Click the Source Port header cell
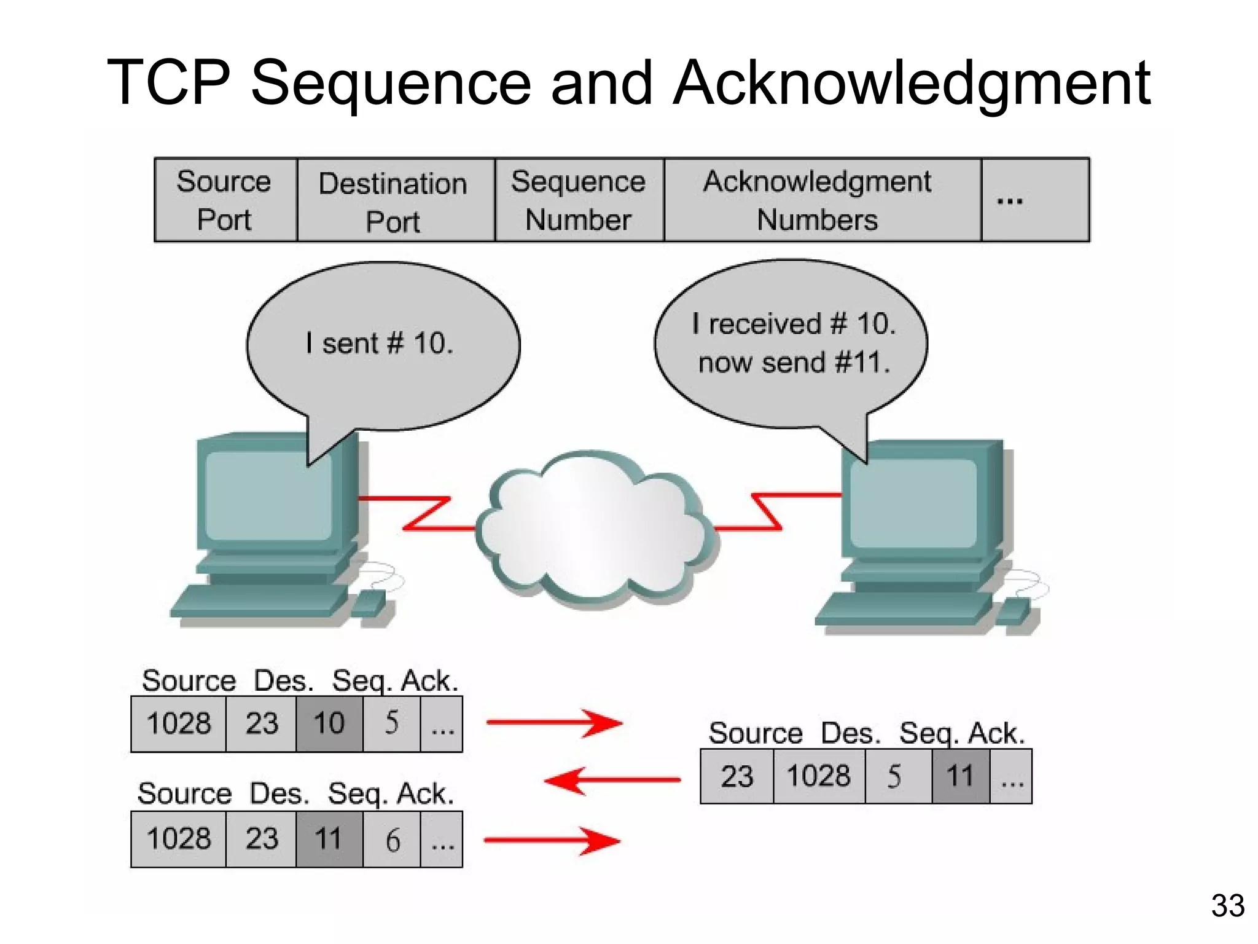225,200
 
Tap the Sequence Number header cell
579,200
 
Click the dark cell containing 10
329,723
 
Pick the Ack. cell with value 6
392,840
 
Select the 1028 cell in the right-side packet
819,776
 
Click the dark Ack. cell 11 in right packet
961,776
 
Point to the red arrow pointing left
612,780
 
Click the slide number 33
1227,905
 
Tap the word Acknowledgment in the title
912,83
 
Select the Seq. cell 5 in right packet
897,776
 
